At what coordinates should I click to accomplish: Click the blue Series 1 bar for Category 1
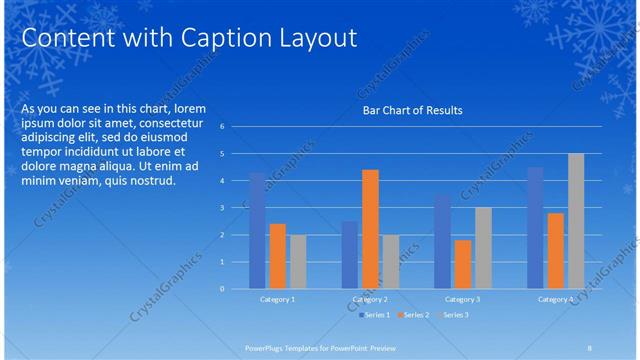click(x=258, y=231)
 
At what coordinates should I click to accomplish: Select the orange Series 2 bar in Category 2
click(x=370, y=229)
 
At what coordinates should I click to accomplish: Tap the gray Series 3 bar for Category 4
click(x=576, y=221)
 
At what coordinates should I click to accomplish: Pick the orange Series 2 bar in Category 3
click(x=463, y=264)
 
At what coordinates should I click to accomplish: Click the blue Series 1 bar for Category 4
click(x=535, y=228)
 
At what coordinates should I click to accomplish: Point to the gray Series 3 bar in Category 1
click(x=298, y=262)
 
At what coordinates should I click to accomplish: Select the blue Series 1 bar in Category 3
click(x=443, y=242)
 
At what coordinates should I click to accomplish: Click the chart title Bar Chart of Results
click(x=412, y=110)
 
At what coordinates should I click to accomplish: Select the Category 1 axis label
click(x=278, y=299)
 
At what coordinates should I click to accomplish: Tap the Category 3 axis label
click(x=463, y=299)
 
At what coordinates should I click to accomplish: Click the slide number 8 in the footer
click(x=590, y=347)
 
